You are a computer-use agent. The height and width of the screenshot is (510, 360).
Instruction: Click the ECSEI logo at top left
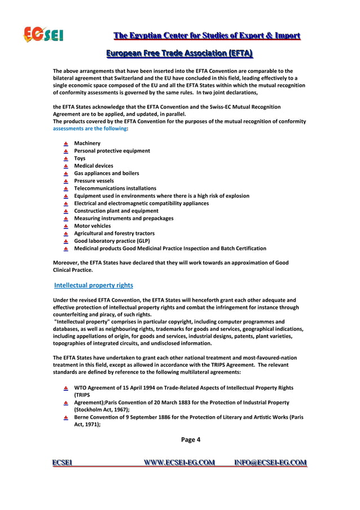click(x=43, y=35)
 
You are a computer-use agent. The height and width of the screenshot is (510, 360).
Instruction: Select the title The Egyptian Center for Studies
click(x=207, y=36)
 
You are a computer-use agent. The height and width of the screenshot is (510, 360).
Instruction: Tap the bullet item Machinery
click(x=87, y=143)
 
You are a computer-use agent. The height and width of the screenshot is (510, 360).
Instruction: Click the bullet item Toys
click(x=80, y=159)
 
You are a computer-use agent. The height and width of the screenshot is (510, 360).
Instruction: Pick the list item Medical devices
click(x=94, y=166)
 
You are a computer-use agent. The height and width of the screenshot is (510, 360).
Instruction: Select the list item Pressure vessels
click(x=94, y=181)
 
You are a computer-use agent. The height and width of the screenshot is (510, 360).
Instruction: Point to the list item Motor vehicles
click(x=93, y=226)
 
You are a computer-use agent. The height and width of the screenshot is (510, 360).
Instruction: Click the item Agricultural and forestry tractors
click(x=114, y=233)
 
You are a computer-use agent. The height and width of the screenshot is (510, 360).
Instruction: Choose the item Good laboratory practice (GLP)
click(x=112, y=241)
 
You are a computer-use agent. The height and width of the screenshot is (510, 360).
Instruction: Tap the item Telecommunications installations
click(x=115, y=188)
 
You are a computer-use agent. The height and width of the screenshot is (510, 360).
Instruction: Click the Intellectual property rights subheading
click(x=94, y=285)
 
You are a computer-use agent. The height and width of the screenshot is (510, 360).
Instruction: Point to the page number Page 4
click(x=191, y=439)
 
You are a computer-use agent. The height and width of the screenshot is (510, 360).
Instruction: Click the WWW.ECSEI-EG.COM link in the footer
click(x=179, y=463)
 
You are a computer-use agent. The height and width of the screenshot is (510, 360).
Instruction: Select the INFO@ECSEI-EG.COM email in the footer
click(x=270, y=463)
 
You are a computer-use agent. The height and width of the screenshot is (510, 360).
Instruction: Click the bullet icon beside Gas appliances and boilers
click(x=65, y=173)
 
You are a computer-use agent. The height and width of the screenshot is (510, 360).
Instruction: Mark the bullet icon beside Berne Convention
click(x=65, y=418)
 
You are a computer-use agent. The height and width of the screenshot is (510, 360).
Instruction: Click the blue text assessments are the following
click(x=90, y=129)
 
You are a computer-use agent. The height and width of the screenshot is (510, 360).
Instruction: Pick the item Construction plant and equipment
click(x=116, y=211)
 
